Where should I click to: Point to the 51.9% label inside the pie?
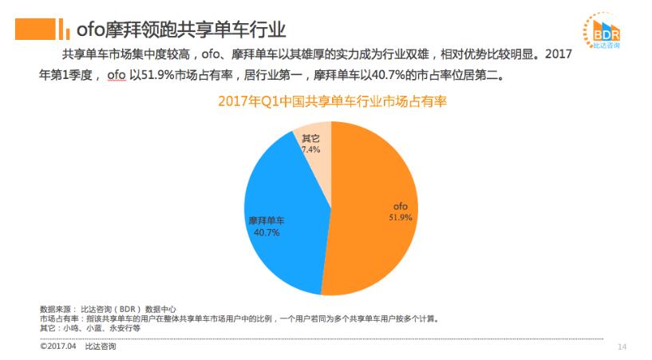point(399,216)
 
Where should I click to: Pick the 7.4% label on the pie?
point(311,149)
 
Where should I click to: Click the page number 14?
point(622,346)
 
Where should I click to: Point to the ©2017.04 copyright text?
point(57,346)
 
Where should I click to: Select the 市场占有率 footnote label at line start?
point(57,318)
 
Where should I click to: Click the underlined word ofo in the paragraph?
point(117,76)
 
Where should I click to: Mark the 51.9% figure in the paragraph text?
point(158,76)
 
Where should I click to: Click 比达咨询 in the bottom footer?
point(101,346)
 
